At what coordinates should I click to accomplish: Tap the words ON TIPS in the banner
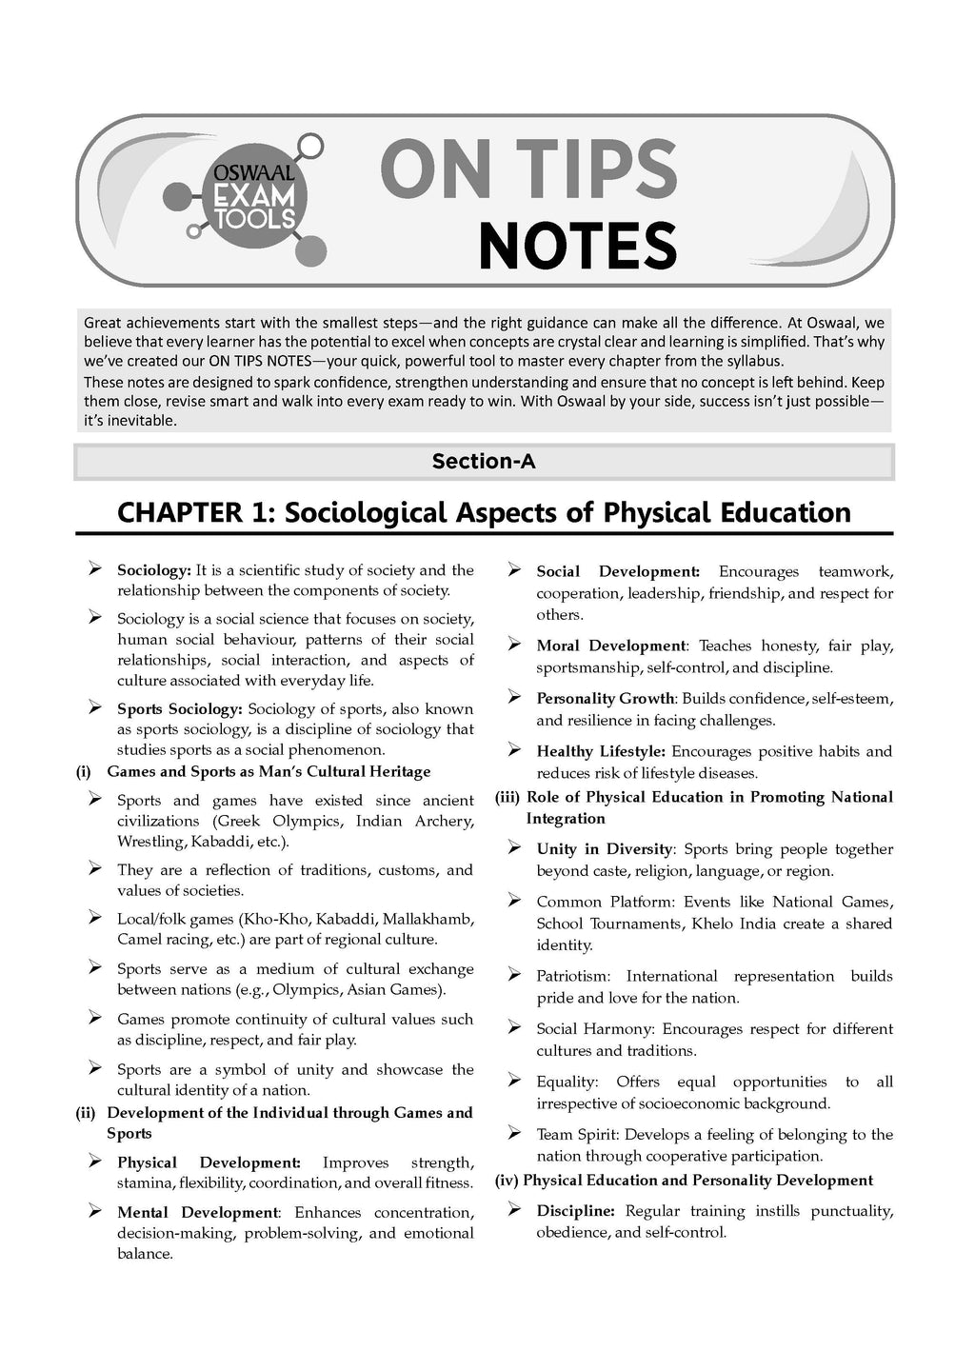point(529,169)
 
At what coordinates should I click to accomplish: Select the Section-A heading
point(484,462)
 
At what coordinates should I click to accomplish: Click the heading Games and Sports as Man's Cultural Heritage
point(269,771)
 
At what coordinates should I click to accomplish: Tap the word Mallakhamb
point(429,919)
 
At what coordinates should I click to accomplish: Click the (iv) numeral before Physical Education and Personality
point(507,1181)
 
